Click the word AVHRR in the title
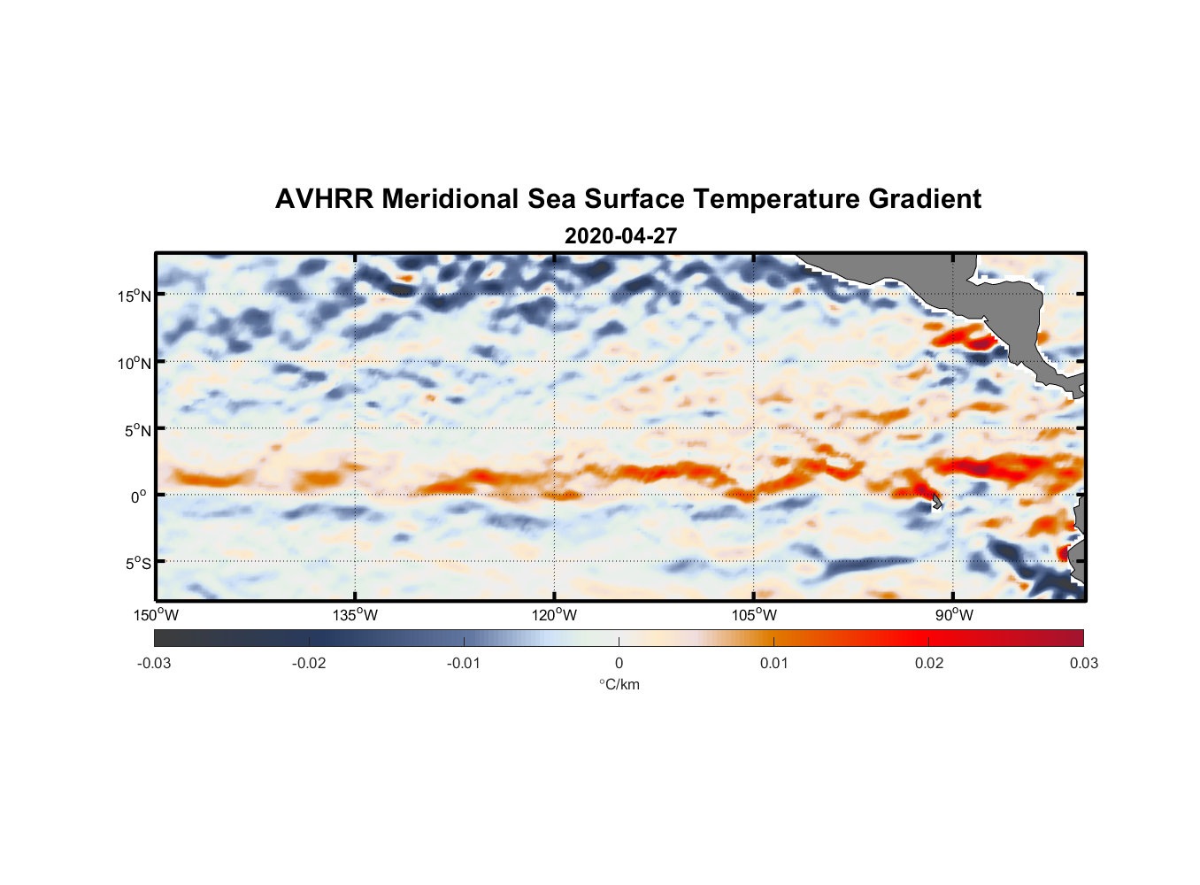click(324, 199)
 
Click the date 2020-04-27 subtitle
click(620, 236)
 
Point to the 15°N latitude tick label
click(135, 296)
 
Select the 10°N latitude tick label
click(135, 363)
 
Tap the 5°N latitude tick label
click(137, 430)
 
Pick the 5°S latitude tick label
click(137, 564)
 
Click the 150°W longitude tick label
click(157, 615)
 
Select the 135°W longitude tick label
click(356, 615)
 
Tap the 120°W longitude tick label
click(555, 615)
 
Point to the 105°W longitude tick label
click(754, 615)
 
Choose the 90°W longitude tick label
click(954, 615)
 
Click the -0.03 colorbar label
click(154, 664)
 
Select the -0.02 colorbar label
click(309, 664)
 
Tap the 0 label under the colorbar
click(619, 664)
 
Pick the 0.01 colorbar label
click(773, 664)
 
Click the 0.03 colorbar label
click(1083, 664)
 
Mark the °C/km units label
click(619, 684)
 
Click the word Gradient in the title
click(925, 199)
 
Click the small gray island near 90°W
click(937, 502)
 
